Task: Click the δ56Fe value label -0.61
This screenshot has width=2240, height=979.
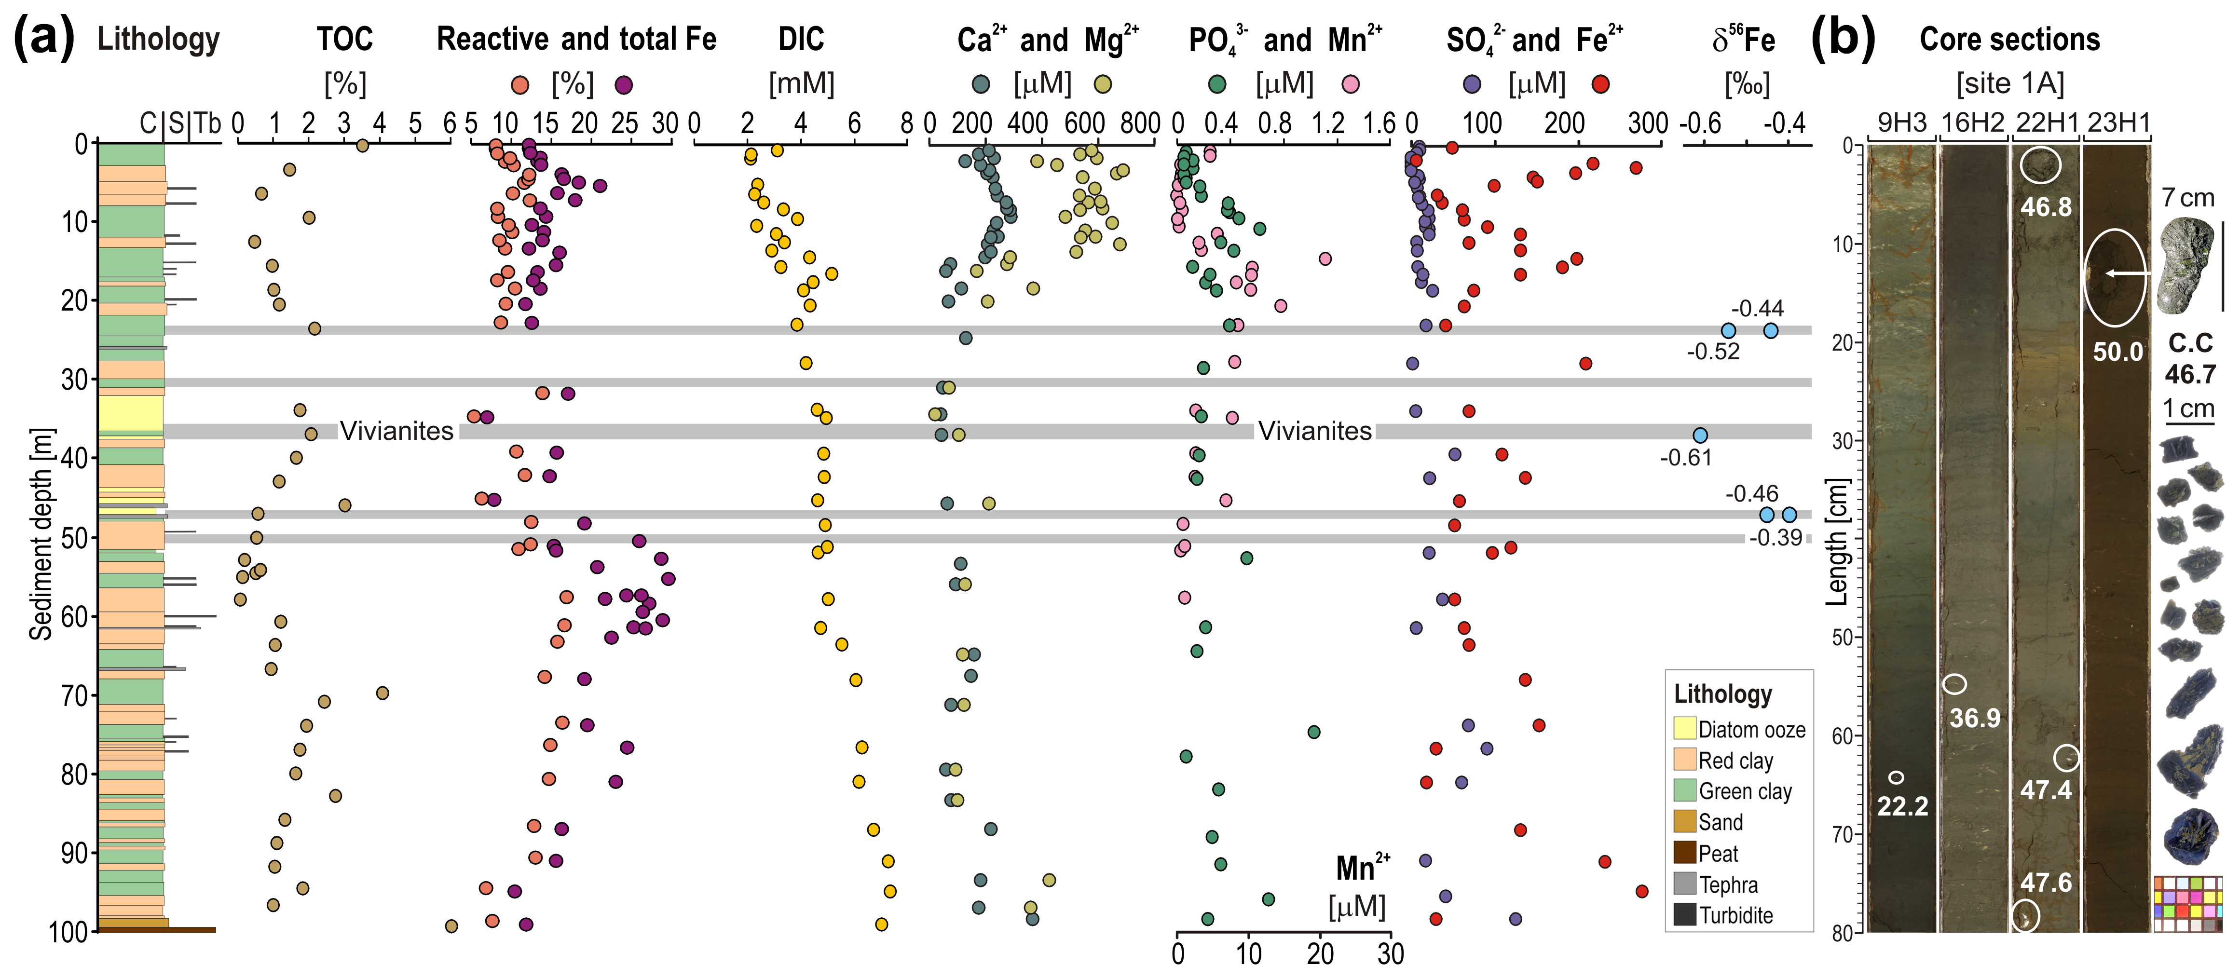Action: point(1685,457)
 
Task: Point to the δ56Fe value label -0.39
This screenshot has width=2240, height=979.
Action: point(1776,537)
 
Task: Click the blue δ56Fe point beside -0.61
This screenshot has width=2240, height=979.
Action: point(1700,435)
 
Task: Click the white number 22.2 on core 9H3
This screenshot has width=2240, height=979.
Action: point(1902,806)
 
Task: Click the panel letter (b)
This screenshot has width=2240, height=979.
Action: point(1842,39)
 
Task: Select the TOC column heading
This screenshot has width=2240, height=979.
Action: point(344,39)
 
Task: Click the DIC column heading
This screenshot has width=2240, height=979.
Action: point(801,39)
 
